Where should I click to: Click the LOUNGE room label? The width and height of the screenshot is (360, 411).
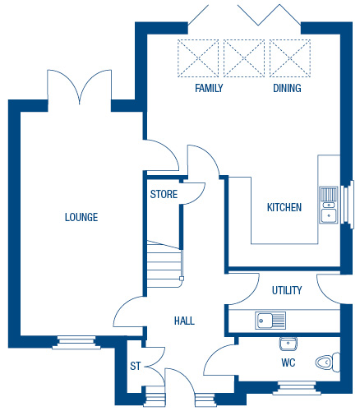click(x=81, y=217)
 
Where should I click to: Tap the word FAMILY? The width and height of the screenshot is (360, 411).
click(x=209, y=88)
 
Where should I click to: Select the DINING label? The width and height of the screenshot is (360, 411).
click(x=287, y=88)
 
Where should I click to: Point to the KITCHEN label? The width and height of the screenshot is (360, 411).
click(x=284, y=207)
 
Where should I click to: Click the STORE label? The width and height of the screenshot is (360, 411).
click(x=164, y=194)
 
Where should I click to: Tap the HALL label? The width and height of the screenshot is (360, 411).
click(x=184, y=321)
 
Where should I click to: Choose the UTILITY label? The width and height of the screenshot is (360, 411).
click(x=287, y=290)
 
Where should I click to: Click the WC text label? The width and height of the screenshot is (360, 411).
click(x=288, y=363)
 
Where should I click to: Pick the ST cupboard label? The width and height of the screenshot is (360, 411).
click(x=136, y=366)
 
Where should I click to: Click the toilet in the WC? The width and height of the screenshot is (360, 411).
click(x=328, y=363)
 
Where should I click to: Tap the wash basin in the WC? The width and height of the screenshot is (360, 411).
click(x=288, y=344)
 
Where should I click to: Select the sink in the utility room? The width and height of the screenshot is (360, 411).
click(x=270, y=321)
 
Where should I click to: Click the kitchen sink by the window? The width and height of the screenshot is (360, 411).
click(x=329, y=205)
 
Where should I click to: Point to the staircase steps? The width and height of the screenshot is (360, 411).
click(x=164, y=264)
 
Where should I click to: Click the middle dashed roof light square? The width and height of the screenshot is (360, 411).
click(x=244, y=58)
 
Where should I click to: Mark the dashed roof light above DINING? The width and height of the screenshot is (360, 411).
click(x=290, y=58)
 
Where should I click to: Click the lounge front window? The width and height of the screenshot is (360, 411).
click(x=76, y=343)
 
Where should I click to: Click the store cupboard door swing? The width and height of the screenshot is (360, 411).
click(x=194, y=193)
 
